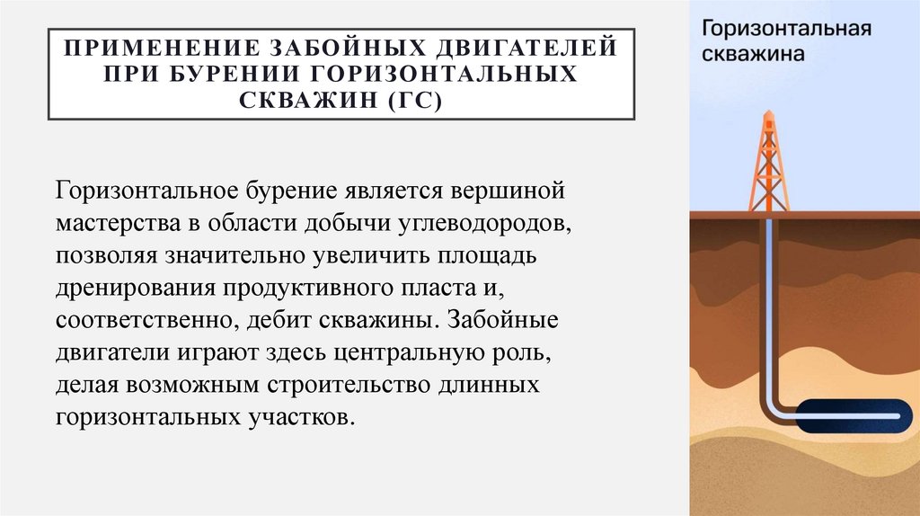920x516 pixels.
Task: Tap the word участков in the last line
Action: (x=300, y=418)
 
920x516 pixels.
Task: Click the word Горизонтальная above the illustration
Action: (x=786, y=27)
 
